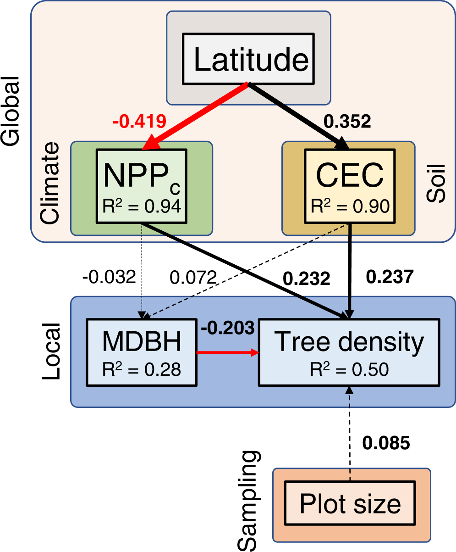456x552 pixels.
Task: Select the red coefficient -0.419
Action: tap(139, 122)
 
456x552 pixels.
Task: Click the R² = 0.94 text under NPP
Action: tap(142, 206)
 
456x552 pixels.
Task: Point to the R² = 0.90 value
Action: tap(350, 206)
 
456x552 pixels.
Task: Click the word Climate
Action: tap(50, 184)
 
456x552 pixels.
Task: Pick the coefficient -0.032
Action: tap(109, 277)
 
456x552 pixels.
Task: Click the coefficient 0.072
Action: tap(193, 277)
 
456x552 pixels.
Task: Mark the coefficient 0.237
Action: tap(390, 277)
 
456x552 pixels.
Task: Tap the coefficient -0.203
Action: tap(227, 328)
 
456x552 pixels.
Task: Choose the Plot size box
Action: tap(350, 504)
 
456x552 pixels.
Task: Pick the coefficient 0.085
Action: tap(386, 443)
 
